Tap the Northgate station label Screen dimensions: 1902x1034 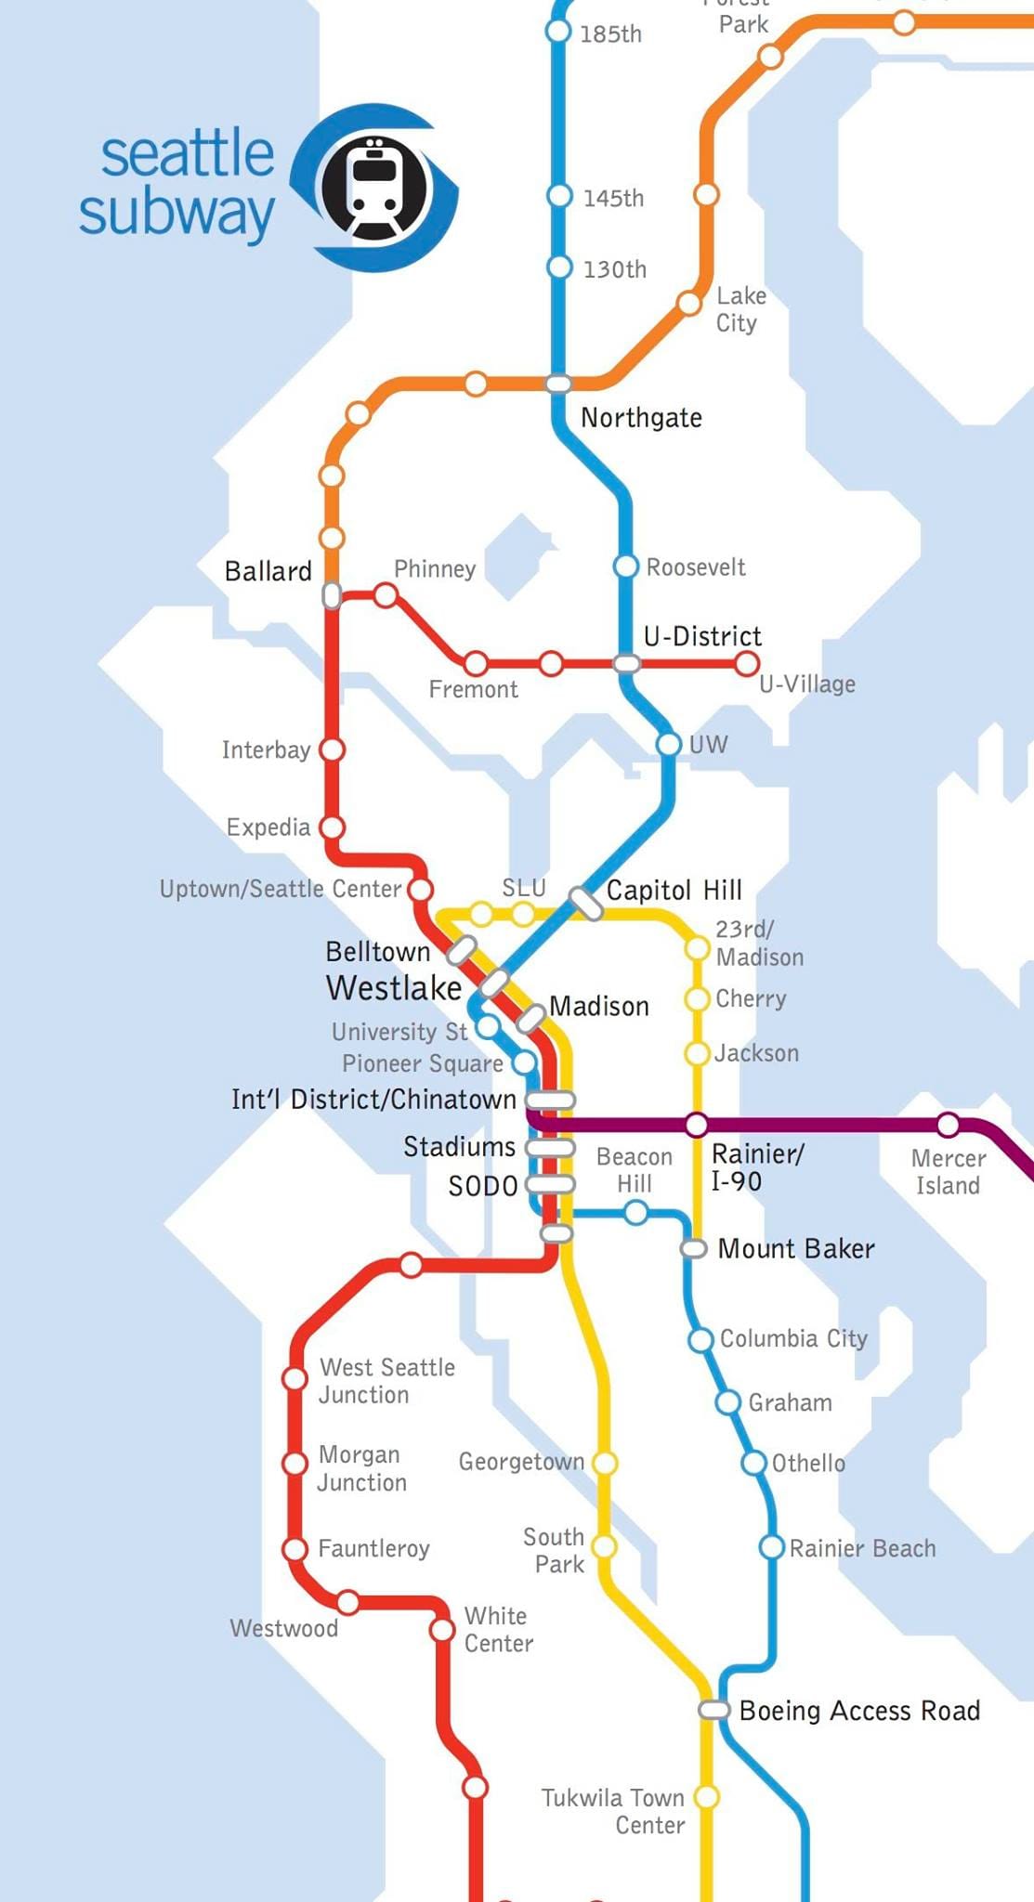point(641,418)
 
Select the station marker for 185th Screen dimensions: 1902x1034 point(557,31)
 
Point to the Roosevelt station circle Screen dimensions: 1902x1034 point(626,567)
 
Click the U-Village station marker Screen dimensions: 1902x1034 point(746,664)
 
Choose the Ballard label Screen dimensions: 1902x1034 point(268,571)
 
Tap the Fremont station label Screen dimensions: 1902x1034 point(473,689)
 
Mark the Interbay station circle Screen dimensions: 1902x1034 point(332,749)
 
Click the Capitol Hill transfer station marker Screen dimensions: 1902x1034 point(586,903)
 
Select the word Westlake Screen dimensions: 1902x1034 point(393,988)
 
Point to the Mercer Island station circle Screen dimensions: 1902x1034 point(948,1126)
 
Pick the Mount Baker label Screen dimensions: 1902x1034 point(795,1249)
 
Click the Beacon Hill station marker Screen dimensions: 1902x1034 point(635,1212)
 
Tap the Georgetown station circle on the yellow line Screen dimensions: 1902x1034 point(604,1464)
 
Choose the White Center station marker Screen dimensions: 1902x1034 point(442,1630)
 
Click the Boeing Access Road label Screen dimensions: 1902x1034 point(859,1711)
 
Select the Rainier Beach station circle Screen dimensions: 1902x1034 point(771,1547)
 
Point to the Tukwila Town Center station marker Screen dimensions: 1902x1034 point(707,1797)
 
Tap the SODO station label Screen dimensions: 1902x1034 point(482,1186)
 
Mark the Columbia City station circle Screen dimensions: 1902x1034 point(700,1339)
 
